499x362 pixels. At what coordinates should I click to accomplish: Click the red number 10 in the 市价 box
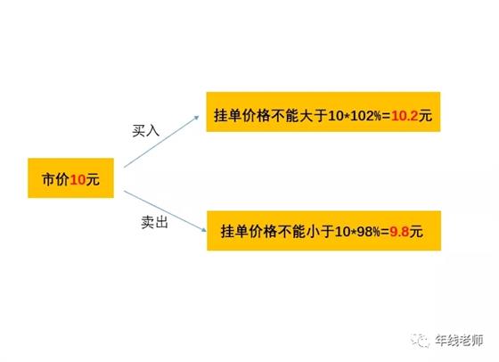tap(78, 180)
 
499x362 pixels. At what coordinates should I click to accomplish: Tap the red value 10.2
tap(405, 116)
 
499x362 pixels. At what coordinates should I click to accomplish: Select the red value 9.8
tap(399, 232)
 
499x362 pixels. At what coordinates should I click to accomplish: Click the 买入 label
tap(145, 130)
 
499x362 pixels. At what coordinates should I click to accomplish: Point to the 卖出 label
tap(155, 222)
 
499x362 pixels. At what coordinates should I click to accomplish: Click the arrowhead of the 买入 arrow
tap(196, 118)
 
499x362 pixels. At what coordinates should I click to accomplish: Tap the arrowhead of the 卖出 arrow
tap(203, 229)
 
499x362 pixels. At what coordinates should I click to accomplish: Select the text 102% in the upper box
tap(365, 116)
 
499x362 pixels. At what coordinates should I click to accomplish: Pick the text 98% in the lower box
tap(369, 232)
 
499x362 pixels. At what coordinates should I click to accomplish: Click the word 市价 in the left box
tap(55, 179)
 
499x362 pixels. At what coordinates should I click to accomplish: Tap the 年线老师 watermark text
tap(460, 341)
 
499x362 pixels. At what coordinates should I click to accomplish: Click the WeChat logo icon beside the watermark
tap(420, 341)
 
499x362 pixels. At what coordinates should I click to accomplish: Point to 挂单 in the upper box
tap(228, 115)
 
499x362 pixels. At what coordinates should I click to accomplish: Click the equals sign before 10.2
tap(386, 116)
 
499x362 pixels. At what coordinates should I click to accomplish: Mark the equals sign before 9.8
tap(385, 232)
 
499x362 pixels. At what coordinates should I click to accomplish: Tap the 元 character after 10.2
tap(426, 116)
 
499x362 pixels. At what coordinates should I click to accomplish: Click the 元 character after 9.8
tap(416, 232)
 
